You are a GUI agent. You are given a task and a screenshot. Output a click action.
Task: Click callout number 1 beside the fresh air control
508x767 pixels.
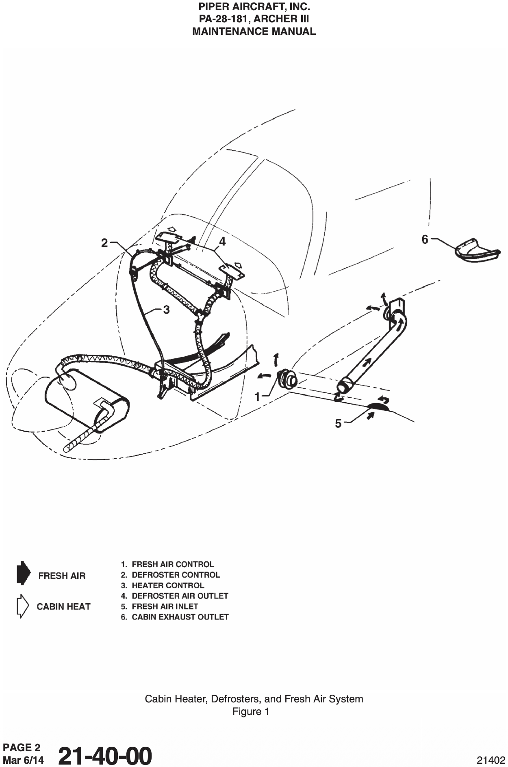tap(257, 396)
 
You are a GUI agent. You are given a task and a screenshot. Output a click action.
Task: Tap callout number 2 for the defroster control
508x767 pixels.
tap(104, 243)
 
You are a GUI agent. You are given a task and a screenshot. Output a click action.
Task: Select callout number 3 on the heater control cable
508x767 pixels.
tap(166, 310)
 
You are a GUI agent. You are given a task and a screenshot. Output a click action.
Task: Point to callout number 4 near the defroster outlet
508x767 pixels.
tap(222, 242)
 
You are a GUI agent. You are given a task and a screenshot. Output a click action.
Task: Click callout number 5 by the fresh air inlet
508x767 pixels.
tap(338, 424)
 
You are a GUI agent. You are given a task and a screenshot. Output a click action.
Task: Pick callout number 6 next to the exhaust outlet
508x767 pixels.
tap(425, 240)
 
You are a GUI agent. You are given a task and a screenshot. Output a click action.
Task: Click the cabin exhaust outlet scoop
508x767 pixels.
tap(476, 250)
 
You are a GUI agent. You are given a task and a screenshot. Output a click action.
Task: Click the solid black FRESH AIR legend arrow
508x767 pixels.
tap(23, 573)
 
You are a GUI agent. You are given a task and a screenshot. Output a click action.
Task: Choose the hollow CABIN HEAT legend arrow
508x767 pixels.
tap(22, 606)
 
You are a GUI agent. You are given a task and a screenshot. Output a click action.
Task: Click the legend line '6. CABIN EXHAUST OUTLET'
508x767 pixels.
tap(175, 617)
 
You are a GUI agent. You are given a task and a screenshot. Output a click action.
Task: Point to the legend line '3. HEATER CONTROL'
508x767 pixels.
tap(163, 585)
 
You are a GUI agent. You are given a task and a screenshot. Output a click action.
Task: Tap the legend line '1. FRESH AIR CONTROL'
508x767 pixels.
tap(167, 564)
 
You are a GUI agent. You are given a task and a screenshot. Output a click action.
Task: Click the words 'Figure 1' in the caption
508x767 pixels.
tap(251, 712)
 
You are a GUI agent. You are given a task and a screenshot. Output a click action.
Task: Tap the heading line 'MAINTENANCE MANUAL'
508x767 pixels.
tap(254, 32)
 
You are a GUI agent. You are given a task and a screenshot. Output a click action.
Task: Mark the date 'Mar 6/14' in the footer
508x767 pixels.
tap(23, 760)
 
